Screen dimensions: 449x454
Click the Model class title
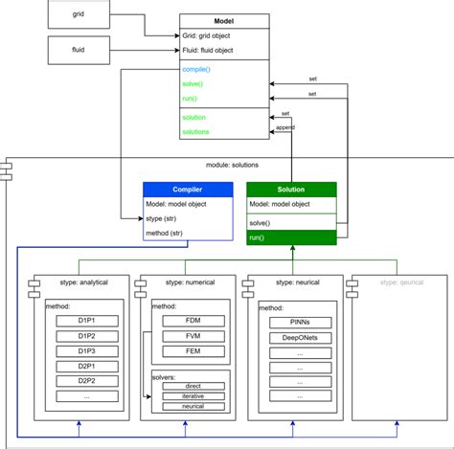(x=224, y=19)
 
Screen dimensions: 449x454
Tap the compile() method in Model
(x=196, y=69)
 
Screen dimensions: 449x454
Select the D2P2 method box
(x=86, y=381)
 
